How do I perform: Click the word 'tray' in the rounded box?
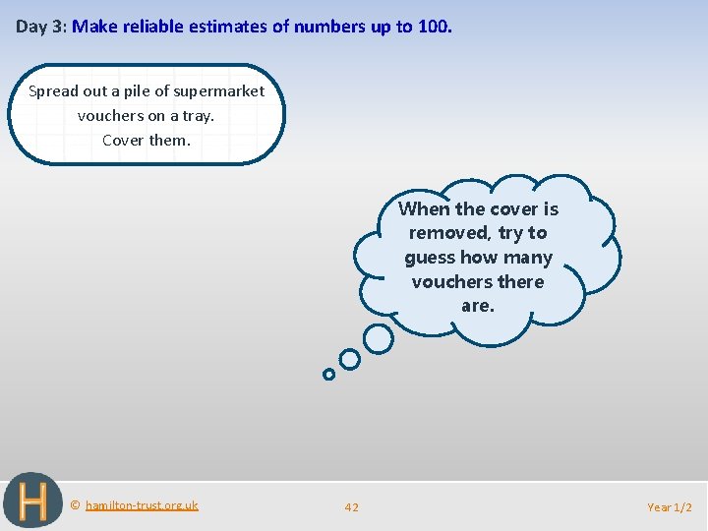(x=197, y=116)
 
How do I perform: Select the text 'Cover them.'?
(x=146, y=140)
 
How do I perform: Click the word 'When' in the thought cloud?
(x=424, y=208)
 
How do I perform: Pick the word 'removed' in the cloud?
(x=449, y=233)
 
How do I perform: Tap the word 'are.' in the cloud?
(x=478, y=306)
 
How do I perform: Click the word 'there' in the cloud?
(x=520, y=282)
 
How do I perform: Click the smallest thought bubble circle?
(x=328, y=374)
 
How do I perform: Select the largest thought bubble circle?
(x=378, y=339)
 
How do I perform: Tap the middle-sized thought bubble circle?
(x=349, y=360)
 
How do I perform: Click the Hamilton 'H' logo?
(x=32, y=501)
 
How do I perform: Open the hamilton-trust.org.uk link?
(x=142, y=505)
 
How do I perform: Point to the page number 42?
(x=352, y=507)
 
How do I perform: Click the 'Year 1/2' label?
(x=670, y=507)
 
